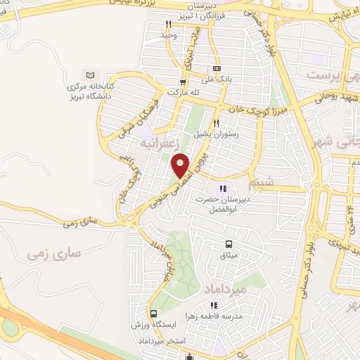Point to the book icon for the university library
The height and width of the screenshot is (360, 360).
89,75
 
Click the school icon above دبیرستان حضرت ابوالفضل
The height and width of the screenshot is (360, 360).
223,188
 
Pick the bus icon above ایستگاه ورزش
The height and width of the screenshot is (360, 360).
153,314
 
